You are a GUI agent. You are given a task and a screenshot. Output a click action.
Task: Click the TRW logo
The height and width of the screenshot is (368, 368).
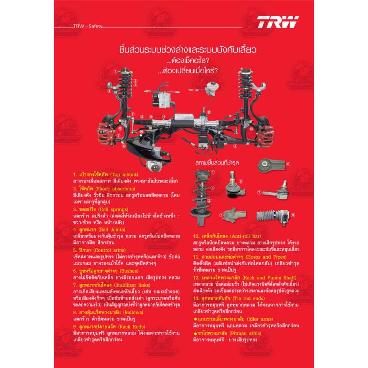277,22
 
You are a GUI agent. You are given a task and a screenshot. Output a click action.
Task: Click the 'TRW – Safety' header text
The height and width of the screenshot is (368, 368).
88,26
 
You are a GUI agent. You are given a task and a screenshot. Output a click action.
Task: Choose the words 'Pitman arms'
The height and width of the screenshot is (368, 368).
247,333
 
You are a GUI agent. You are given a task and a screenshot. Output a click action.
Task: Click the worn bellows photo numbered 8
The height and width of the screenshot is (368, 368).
274,216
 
